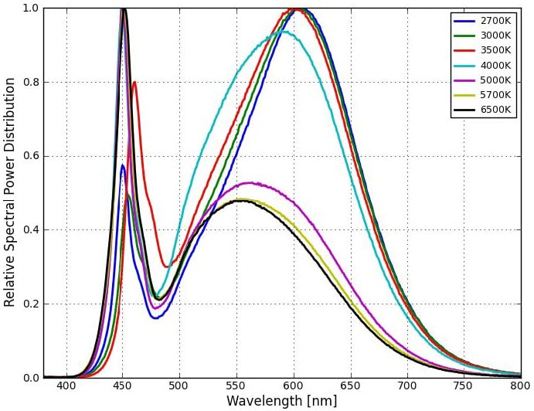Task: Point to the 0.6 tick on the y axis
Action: (30, 156)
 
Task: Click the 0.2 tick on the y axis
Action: (30, 304)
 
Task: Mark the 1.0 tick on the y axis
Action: (30, 8)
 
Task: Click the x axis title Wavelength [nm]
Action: (282, 401)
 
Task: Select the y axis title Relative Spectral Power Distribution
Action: (9, 192)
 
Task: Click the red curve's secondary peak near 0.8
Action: (134, 82)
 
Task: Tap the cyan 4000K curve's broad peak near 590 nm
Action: (284, 32)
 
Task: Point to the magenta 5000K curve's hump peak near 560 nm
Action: (248, 183)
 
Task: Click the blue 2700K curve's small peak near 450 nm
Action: (122, 165)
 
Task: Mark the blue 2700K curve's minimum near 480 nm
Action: (155, 318)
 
